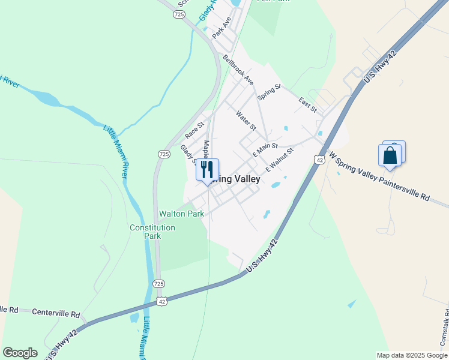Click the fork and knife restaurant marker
click(208, 169)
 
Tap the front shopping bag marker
click(390, 155)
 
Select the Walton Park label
click(181, 214)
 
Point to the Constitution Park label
click(152, 232)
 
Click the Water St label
click(246, 120)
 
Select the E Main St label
click(265, 146)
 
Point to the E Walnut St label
click(279, 160)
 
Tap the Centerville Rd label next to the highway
click(56, 313)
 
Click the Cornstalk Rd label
click(444, 327)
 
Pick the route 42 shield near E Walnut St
click(319, 160)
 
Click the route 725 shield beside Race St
click(164, 154)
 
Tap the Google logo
click(20, 353)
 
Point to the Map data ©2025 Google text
click(411, 355)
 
